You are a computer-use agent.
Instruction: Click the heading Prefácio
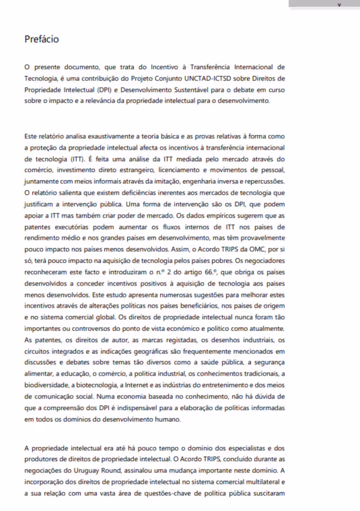coord(41,39)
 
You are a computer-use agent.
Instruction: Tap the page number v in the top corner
coord(338,4)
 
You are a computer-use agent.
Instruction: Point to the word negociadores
coord(265,261)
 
